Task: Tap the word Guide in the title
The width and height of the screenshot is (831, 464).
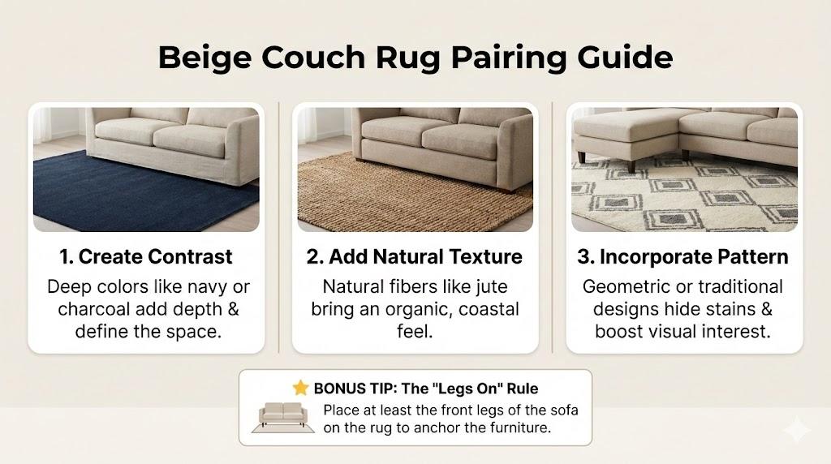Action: tap(625, 57)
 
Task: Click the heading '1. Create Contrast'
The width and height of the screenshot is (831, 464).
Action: tap(146, 257)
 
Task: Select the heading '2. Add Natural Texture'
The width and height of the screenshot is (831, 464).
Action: tap(415, 257)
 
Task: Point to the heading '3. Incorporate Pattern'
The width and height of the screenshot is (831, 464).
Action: tap(682, 257)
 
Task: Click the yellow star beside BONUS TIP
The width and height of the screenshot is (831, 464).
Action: tap(300, 388)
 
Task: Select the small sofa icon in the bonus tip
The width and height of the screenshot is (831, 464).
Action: tap(283, 417)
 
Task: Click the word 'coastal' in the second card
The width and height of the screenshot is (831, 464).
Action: tap(489, 309)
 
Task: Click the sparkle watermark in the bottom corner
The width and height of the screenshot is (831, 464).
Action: tap(798, 429)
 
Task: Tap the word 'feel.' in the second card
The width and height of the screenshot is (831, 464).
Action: tap(415, 332)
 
